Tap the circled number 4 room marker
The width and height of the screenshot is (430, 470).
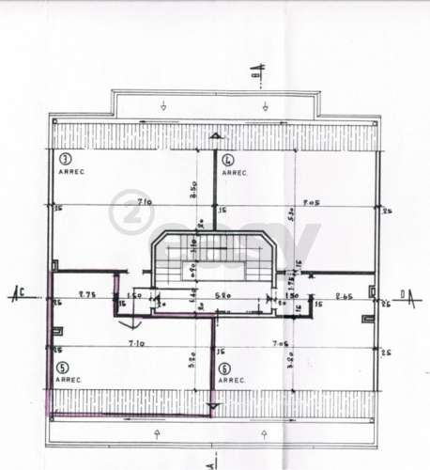pos(227,161)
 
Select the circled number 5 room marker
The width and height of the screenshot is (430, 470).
pos(63,368)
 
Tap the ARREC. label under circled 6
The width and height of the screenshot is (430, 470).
pos(232,381)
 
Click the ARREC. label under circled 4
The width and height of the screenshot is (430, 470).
pos(234,173)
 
